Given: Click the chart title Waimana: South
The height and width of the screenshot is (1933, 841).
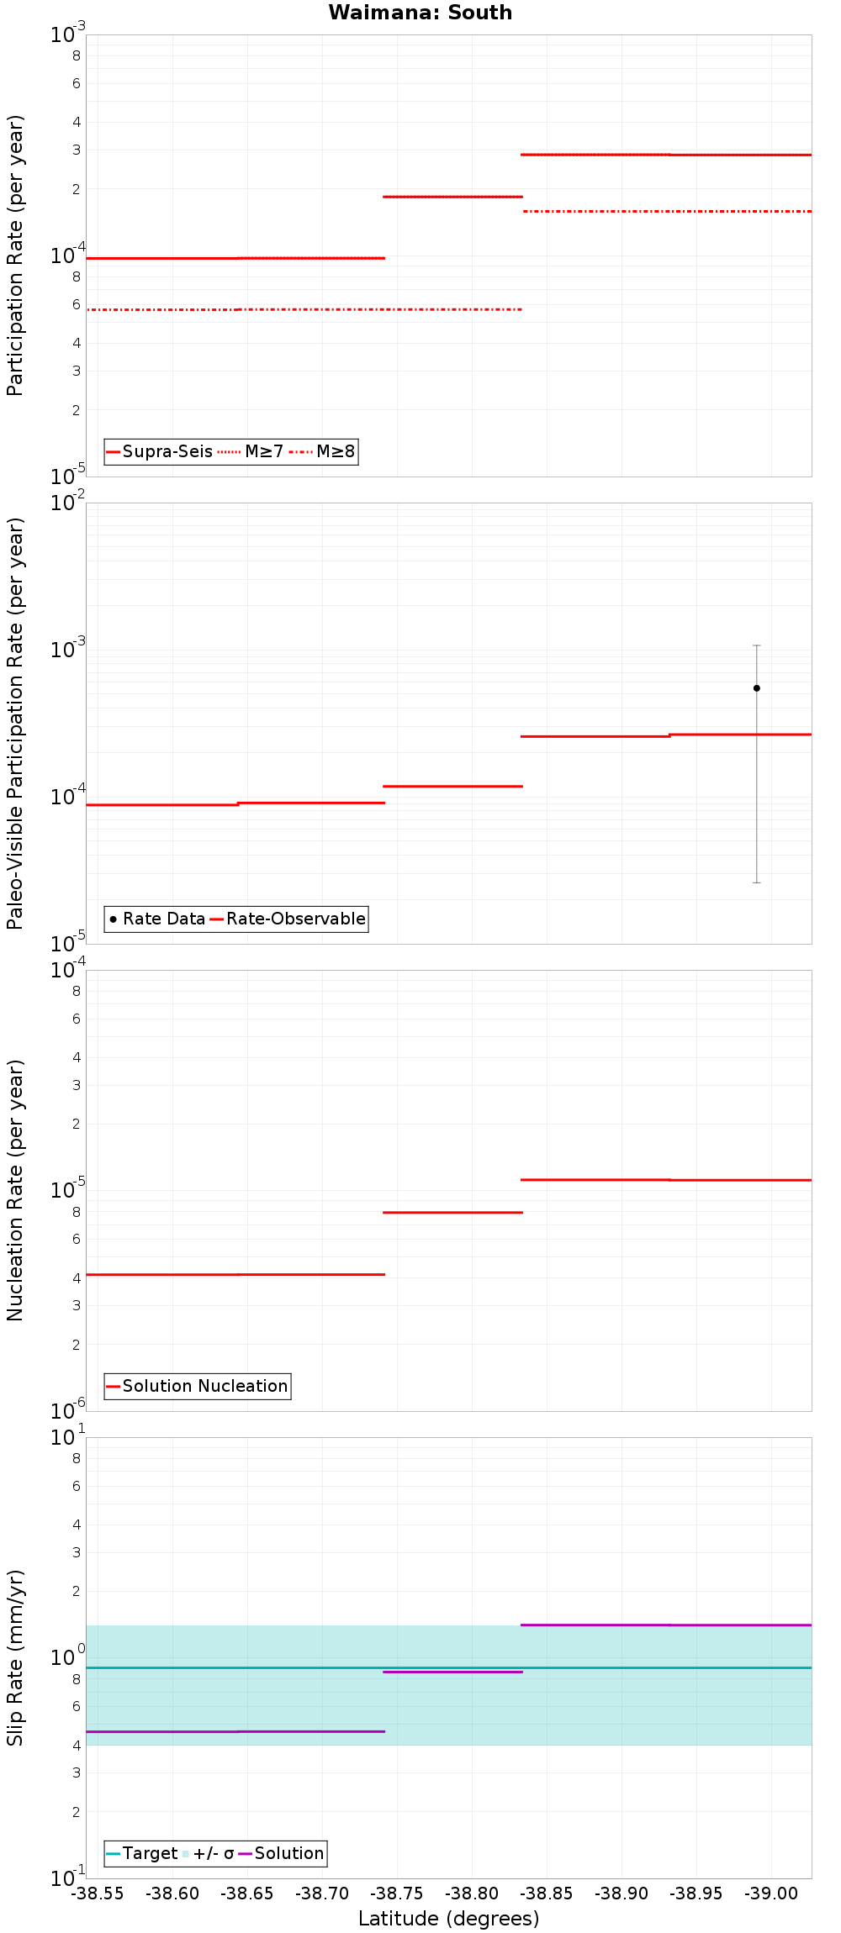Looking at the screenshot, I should tap(420, 13).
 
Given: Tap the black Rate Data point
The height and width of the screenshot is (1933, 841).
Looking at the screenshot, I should tap(756, 688).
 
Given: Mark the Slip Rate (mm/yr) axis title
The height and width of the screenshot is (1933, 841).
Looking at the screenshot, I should tap(15, 1657).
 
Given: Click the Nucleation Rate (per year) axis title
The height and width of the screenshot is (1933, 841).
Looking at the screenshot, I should tap(15, 1190).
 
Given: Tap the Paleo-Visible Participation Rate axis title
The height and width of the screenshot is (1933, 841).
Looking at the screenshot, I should tap(15, 723).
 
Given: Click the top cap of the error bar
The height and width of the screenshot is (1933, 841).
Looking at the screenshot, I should tap(756, 645).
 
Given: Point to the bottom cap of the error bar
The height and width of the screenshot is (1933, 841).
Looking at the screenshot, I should tap(756, 882).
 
